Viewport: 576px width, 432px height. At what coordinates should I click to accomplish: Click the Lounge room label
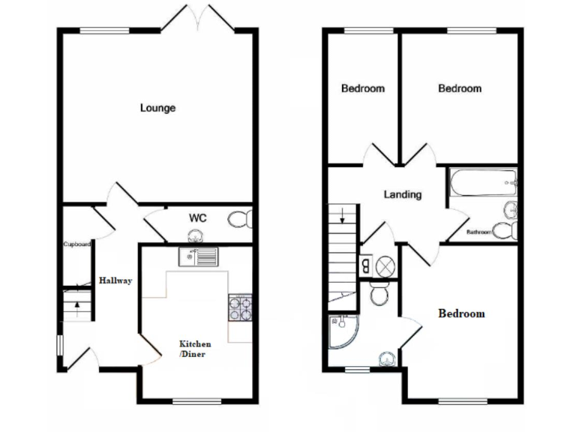[x=157, y=108]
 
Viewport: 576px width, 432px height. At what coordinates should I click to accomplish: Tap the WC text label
[x=197, y=218]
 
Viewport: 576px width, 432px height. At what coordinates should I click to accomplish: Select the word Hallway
[x=115, y=280]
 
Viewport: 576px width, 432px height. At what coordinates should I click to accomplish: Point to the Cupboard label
[x=76, y=244]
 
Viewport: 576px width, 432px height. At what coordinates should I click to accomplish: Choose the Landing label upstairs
[x=403, y=195]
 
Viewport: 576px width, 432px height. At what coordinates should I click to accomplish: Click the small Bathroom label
[x=479, y=232]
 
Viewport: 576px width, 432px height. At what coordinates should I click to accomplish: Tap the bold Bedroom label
[x=461, y=313]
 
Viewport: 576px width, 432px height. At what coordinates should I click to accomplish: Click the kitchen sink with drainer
[x=197, y=256]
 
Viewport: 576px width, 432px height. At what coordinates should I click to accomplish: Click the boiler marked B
[x=365, y=264]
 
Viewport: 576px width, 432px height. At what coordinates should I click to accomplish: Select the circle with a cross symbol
[x=385, y=265]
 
